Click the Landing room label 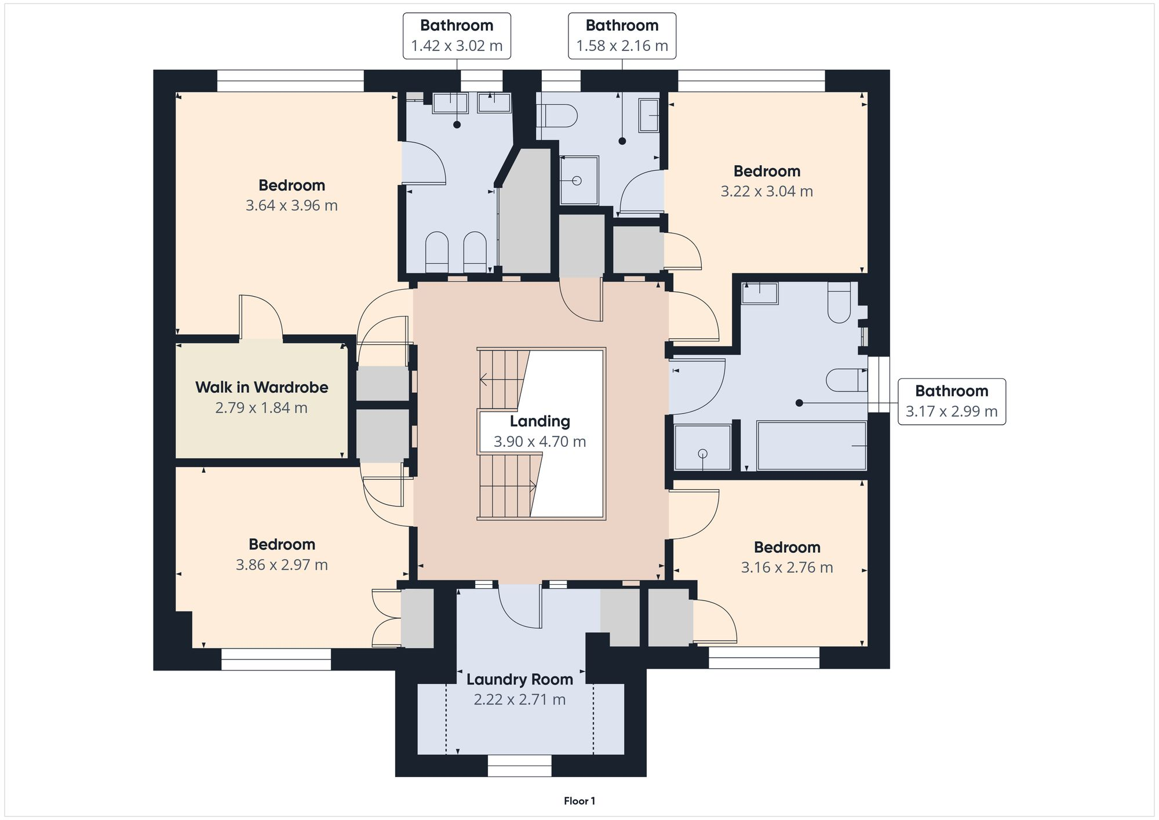(x=540, y=421)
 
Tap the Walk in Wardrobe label (x=261, y=387)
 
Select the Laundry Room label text (x=519, y=679)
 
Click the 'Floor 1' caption (x=579, y=801)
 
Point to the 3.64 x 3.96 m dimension (x=291, y=205)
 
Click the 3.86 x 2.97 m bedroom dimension (x=282, y=564)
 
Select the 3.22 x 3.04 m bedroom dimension (x=766, y=191)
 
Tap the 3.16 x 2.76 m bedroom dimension (x=786, y=567)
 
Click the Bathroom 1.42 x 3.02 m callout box (x=457, y=36)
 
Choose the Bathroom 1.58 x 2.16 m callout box (x=622, y=36)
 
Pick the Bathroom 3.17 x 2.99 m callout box (x=951, y=402)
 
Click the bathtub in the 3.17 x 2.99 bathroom (x=811, y=446)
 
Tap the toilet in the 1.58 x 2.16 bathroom (x=557, y=116)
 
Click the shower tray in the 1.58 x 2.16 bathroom (x=578, y=180)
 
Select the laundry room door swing (x=520, y=606)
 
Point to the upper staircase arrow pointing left (x=483, y=380)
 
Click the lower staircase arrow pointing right (x=532, y=486)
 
